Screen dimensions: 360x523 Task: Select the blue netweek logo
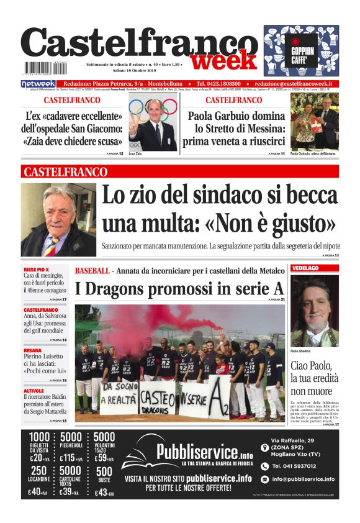[x=38, y=83]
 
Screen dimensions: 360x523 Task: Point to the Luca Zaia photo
[x=153, y=124]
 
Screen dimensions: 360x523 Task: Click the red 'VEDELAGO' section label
[x=305, y=269]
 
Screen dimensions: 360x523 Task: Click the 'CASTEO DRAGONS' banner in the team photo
[x=156, y=399]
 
